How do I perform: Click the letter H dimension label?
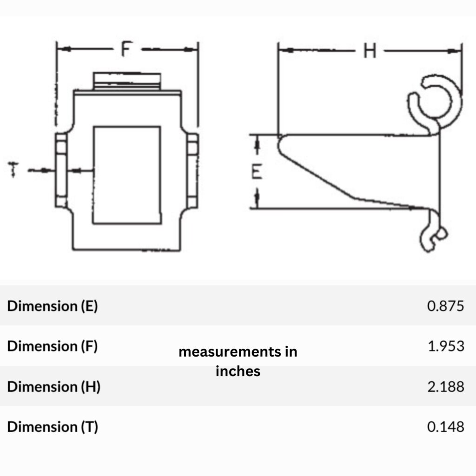370,51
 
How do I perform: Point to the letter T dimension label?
14,170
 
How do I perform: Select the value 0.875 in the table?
445,306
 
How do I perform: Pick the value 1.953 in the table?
445,346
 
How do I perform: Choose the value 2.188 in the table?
445,386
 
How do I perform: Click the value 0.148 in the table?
445,427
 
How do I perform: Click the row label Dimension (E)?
53,306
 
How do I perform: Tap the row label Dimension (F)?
53,346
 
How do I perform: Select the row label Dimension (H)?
53,386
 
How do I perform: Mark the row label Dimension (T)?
53,427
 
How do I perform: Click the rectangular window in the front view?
127,175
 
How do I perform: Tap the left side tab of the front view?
61,170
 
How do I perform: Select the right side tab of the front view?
192,170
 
